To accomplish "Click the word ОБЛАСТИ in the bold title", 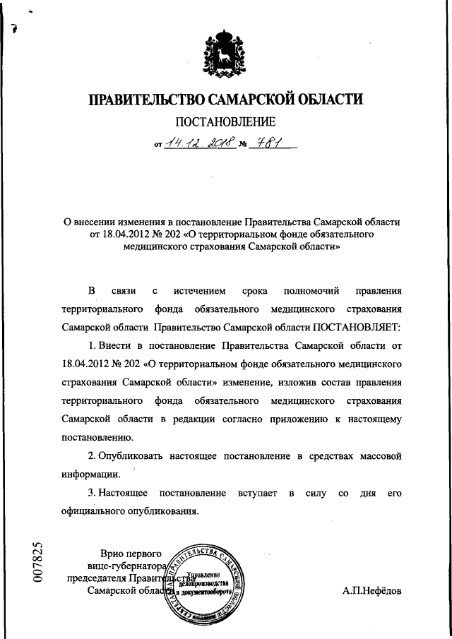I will point(328,100).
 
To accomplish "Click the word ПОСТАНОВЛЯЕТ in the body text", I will point(356,328).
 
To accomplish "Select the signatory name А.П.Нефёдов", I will point(371,591).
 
